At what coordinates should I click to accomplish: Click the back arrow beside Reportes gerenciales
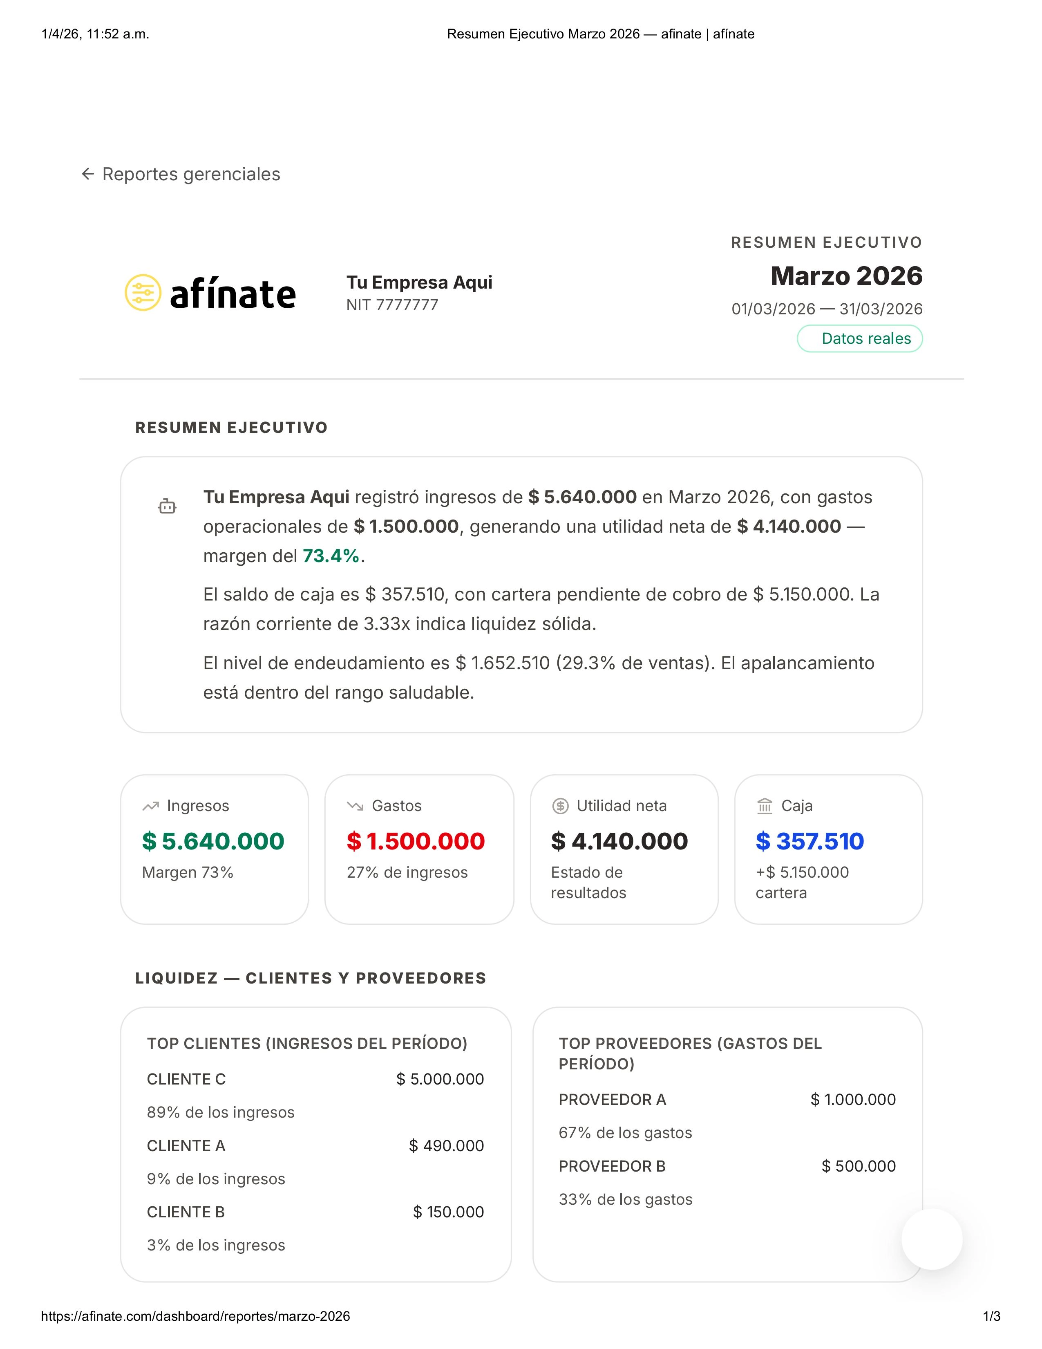coord(88,174)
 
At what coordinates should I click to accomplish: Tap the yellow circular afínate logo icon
coord(143,292)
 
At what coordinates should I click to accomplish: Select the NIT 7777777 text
coord(392,305)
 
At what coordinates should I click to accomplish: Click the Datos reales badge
coord(859,338)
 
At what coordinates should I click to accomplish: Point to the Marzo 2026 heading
coord(846,276)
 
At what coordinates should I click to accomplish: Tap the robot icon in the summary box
coord(167,506)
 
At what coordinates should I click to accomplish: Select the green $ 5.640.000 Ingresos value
coord(213,841)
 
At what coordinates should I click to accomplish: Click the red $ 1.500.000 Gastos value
coord(416,841)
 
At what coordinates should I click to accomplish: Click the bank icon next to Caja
coord(764,806)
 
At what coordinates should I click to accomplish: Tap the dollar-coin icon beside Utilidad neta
coord(560,806)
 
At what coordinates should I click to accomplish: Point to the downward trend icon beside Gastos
coord(355,806)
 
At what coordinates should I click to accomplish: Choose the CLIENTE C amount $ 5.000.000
coord(440,1079)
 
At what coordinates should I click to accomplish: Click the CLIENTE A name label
coord(186,1146)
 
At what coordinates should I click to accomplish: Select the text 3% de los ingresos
coord(216,1245)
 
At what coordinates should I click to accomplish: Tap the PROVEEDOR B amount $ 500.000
coord(858,1166)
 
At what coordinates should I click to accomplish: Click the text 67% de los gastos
coord(625,1133)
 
